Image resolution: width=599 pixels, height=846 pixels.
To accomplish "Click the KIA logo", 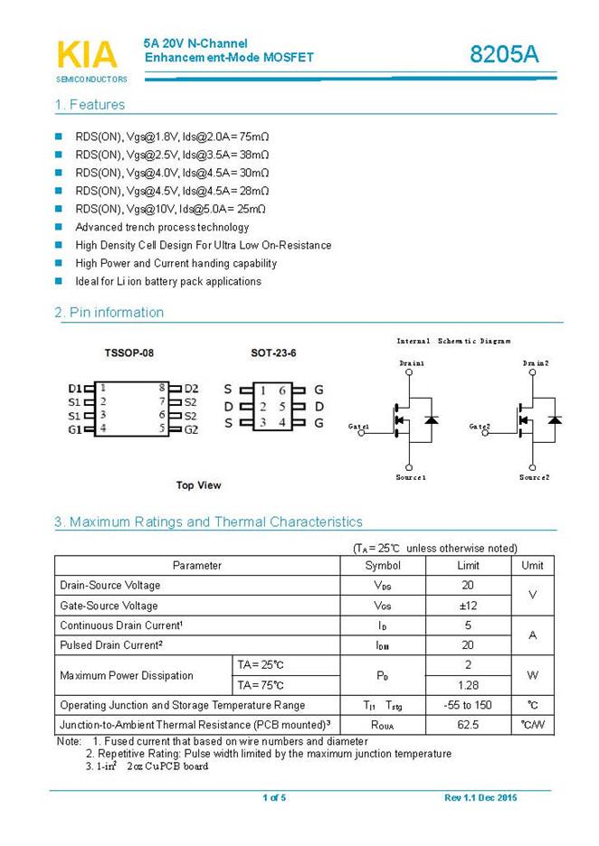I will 88,56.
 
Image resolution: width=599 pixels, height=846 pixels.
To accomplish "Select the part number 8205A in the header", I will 504,54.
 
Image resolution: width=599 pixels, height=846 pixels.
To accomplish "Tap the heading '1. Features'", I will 90,105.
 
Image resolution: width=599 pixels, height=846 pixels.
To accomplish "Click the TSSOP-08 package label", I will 128,352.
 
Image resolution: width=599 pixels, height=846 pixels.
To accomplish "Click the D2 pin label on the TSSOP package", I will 191,389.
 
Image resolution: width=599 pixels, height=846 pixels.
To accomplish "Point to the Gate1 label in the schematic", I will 358,426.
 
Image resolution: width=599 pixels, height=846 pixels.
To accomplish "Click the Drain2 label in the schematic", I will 536,362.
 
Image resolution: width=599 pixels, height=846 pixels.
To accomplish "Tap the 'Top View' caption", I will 198,485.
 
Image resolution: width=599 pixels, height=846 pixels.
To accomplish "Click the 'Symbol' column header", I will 382,565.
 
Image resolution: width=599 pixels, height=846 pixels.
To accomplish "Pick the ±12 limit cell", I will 468,606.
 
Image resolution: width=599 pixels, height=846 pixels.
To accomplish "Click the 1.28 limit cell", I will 468,685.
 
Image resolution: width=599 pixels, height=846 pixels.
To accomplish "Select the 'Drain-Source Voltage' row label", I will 109,585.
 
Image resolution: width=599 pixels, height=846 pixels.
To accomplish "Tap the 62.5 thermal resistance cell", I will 468,725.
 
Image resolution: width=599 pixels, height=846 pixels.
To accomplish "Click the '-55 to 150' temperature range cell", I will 468,705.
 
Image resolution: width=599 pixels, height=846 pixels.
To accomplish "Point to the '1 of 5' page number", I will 273,797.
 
